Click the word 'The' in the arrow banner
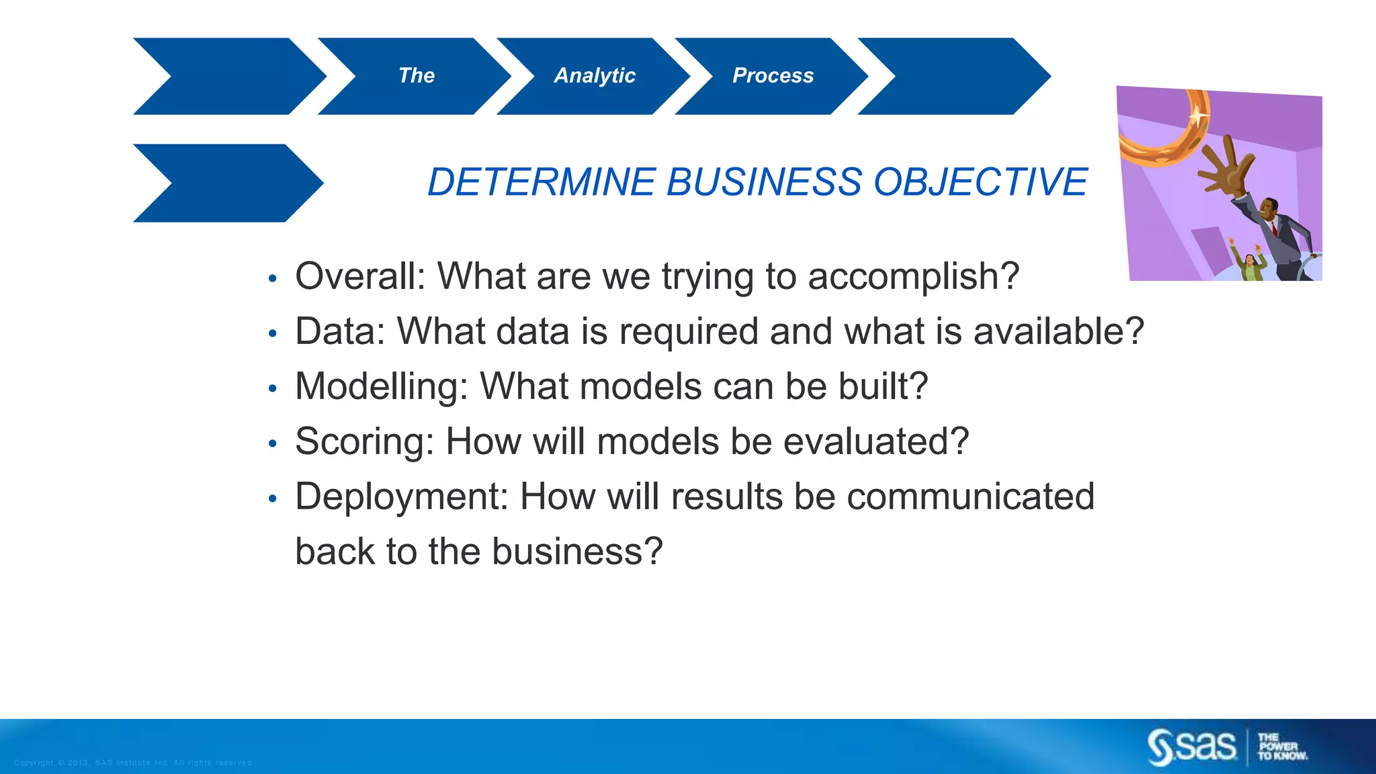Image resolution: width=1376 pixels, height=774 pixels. coord(417,75)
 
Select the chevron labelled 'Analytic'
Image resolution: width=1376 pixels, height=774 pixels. coord(595,76)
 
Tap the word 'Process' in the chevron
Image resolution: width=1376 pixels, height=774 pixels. coord(773,75)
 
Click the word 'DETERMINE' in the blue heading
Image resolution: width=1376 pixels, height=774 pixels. coord(541,182)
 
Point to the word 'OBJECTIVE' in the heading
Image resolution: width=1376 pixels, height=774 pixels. coord(980,182)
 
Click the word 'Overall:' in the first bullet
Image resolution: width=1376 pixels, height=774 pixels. coord(361,276)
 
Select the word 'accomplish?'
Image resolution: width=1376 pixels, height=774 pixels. coord(913,276)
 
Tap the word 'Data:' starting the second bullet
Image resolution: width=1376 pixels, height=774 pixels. coord(340,331)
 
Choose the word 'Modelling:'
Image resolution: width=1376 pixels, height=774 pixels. coord(382,386)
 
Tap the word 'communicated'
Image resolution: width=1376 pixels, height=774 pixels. coord(970,497)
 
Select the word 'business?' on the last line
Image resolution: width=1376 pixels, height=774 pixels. coord(577,552)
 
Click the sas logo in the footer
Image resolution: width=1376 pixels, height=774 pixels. coord(1191,746)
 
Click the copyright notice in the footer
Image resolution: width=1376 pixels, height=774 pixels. coord(132,763)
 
